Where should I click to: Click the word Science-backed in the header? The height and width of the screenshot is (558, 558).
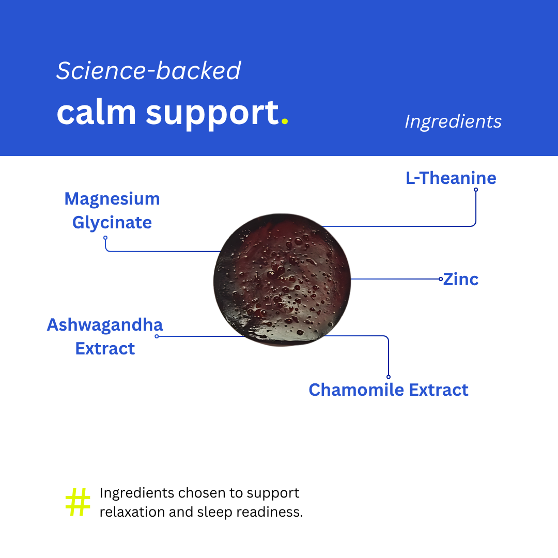(x=149, y=70)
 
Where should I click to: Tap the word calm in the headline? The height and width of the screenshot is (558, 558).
(x=97, y=113)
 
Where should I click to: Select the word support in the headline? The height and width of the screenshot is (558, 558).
(x=212, y=115)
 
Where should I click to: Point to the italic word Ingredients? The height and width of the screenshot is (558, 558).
(x=453, y=122)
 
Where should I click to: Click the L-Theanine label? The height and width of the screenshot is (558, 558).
(x=451, y=178)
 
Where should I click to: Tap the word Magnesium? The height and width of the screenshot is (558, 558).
(x=112, y=198)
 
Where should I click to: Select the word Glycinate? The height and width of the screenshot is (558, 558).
(x=112, y=223)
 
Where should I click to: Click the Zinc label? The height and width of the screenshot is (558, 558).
(x=461, y=280)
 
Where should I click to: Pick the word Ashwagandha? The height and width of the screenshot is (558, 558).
(x=105, y=325)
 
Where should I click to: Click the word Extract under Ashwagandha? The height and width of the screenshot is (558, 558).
(x=105, y=349)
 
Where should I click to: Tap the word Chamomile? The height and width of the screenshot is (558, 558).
(x=356, y=390)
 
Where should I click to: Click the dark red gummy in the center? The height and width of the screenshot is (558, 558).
(x=282, y=280)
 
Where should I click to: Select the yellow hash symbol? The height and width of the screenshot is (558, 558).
(x=78, y=502)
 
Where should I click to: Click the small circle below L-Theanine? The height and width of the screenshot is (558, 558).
(x=476, y=190)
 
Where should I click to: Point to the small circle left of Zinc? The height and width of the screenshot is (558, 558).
(x=441, y=279)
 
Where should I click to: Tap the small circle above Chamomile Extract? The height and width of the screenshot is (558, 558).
(x=388, y=377)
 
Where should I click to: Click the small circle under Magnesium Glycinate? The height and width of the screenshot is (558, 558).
(x=105, y=238)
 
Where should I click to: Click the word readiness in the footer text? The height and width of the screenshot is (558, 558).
(x=269, y=512)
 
